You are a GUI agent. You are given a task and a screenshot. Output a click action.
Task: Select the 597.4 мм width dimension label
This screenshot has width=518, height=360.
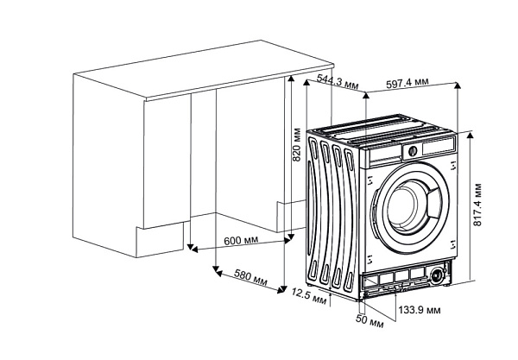click(x=408, y=84)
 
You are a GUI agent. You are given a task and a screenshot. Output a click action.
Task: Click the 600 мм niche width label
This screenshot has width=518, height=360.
click(x=241, y=239)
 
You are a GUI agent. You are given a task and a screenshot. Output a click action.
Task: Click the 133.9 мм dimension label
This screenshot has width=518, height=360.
click(x=420, y=308)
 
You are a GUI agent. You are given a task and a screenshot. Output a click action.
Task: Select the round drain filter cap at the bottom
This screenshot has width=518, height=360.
click(x=439, y=276)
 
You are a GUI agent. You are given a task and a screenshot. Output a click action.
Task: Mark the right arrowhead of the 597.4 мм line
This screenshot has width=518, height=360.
click(x=457, y=85)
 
